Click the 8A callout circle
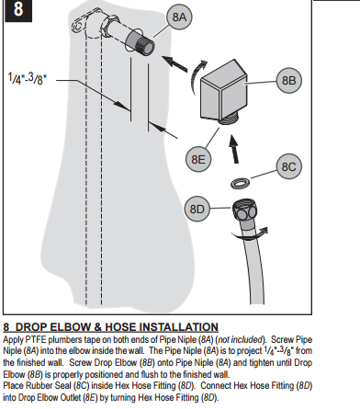click(179, 17)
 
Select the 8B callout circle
click(288, 80)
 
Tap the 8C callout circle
click(288, 166)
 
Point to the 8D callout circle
click(197, 209)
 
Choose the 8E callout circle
click(198, 159)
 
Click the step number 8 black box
click(18, 10)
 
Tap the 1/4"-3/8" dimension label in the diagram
click(28, 78)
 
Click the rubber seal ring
click(240, 183)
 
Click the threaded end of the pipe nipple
click(146, 45)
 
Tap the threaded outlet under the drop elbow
click(229, 118)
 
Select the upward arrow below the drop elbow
click(234, 150)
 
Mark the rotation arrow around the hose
click(250, 233)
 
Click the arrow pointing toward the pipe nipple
click(174, 64)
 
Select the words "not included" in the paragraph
click(241, 340)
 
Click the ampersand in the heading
click(98, 327)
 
